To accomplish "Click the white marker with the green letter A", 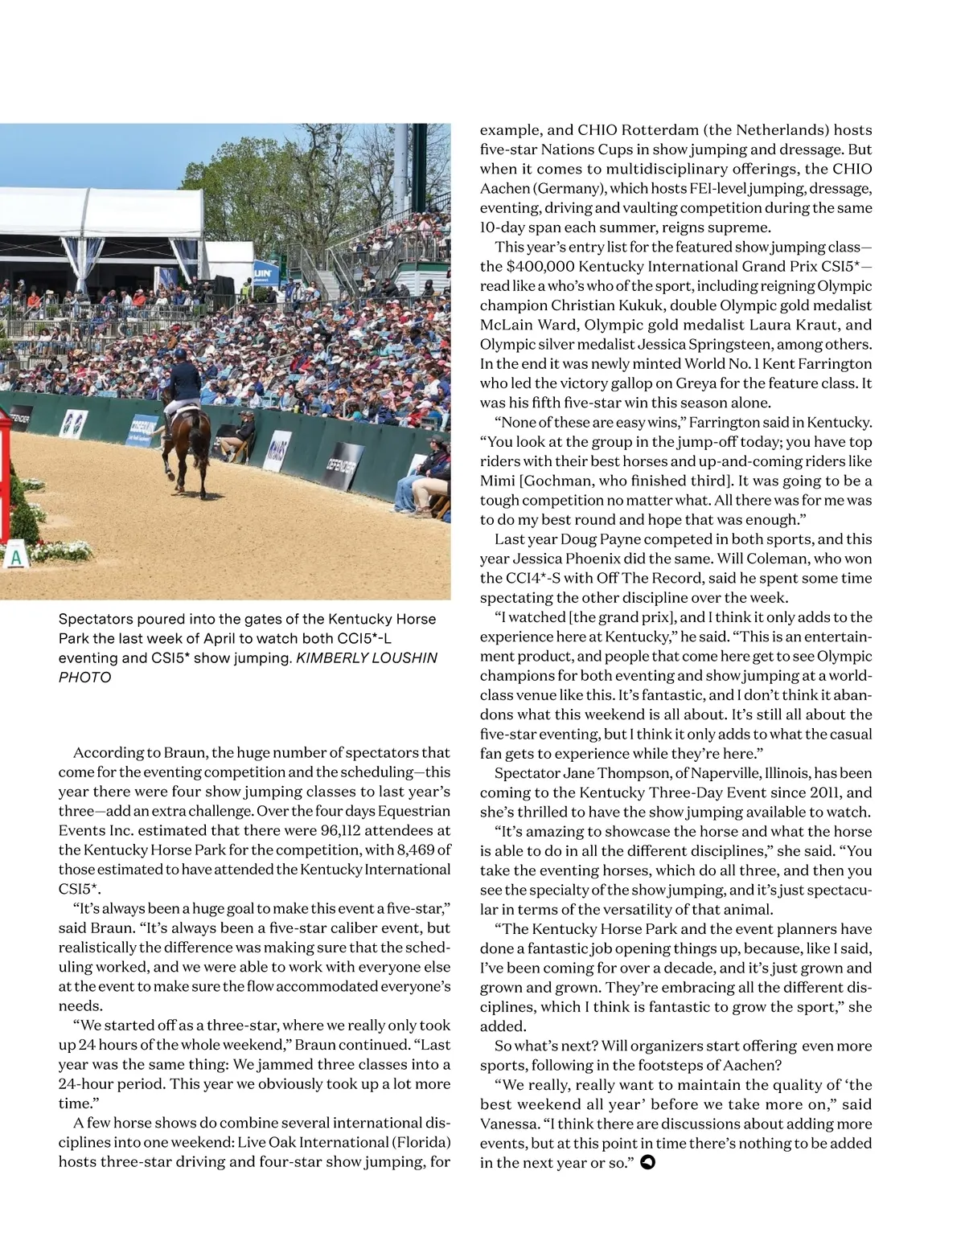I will (x=14, y=556).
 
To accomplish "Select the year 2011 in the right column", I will (x=809, y=792).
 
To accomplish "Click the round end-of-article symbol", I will (x=647, y=1162).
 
